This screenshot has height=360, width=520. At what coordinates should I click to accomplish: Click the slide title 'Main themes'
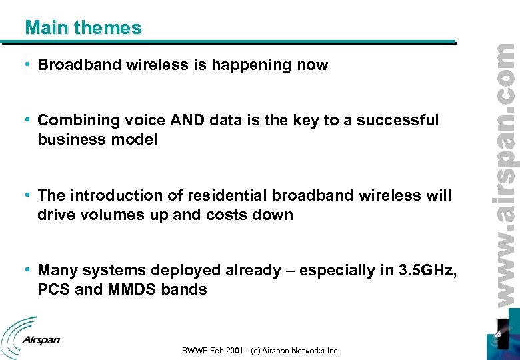click(83, 28)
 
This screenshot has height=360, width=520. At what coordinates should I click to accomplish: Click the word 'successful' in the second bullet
click(397, 121)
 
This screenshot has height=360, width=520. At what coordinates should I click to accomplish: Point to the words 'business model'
click(97, 140)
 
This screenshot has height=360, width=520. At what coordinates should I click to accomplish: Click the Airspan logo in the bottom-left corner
click(31, 337)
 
